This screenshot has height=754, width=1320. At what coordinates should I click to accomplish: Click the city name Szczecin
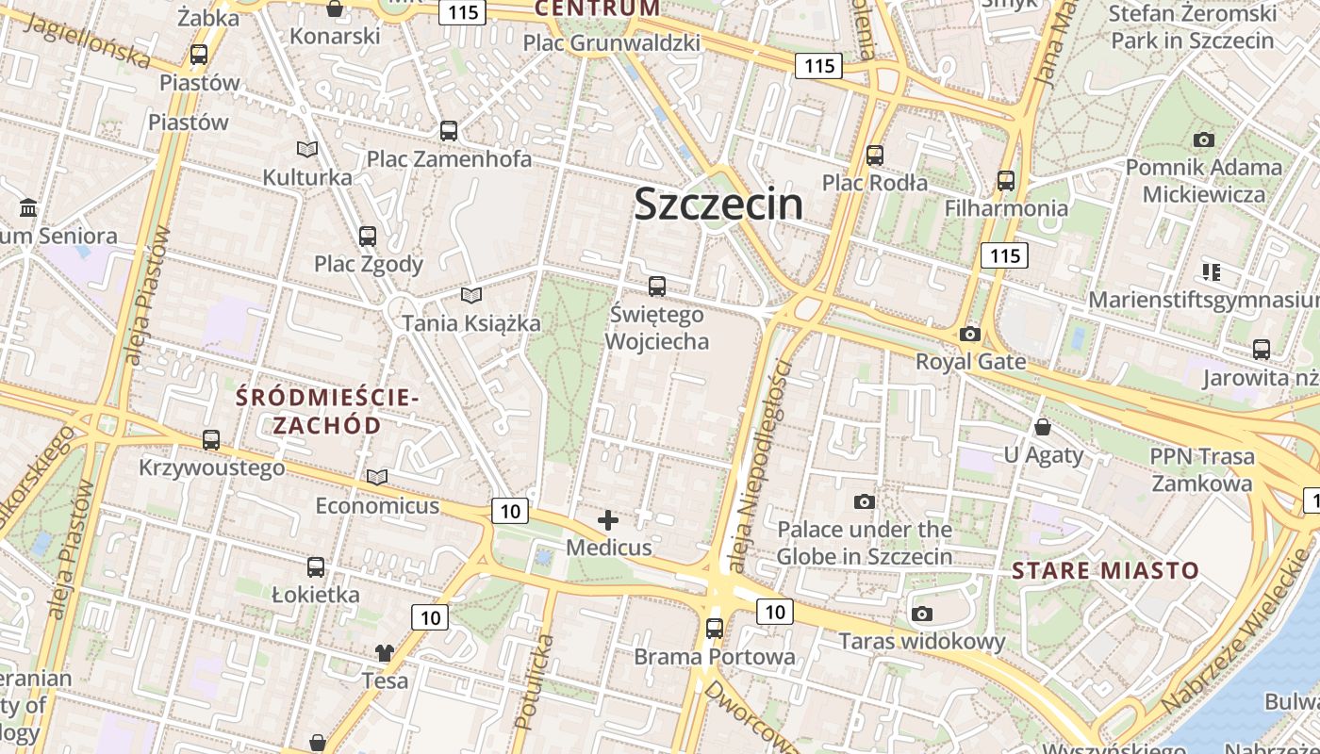(x=718, y=204)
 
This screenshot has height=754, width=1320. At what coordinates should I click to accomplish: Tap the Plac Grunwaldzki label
(x=611, y=42)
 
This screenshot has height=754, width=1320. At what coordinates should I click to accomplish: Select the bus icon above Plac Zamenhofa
(x=449, y=131)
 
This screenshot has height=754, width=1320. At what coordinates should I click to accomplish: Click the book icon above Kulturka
(x=307, y=149)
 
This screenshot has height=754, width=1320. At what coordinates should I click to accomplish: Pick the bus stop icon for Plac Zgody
(x=368, y=237)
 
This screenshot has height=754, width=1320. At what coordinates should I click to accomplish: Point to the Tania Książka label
(x=471, y=323)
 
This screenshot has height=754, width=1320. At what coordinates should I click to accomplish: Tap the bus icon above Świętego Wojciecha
(x=657, y=287)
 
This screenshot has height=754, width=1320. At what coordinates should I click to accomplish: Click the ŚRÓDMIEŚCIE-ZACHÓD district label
(x=326, y=411)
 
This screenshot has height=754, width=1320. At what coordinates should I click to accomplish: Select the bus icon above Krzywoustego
(x=211, y=439)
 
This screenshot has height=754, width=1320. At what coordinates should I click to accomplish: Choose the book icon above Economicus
(x=377, y=478)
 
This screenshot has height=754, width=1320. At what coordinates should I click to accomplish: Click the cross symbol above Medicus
(x=608, y=519)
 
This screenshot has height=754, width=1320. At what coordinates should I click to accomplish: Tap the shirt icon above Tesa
(x=385, y=652)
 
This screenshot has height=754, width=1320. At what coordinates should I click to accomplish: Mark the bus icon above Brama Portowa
(x=715, y=628)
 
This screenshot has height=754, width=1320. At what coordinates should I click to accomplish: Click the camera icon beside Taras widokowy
(x=922, y=615)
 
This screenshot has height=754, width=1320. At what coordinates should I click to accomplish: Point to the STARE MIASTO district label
(x=1105, y=570)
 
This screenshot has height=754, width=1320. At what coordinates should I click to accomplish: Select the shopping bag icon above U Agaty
(x=1043, y=427)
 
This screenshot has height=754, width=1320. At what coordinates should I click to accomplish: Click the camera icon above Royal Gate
(x=969, y=334)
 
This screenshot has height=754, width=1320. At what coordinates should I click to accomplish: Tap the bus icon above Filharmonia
(x=1006, y=180)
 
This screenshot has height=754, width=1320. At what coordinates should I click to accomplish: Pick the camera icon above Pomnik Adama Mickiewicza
(x=1203, y=140)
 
